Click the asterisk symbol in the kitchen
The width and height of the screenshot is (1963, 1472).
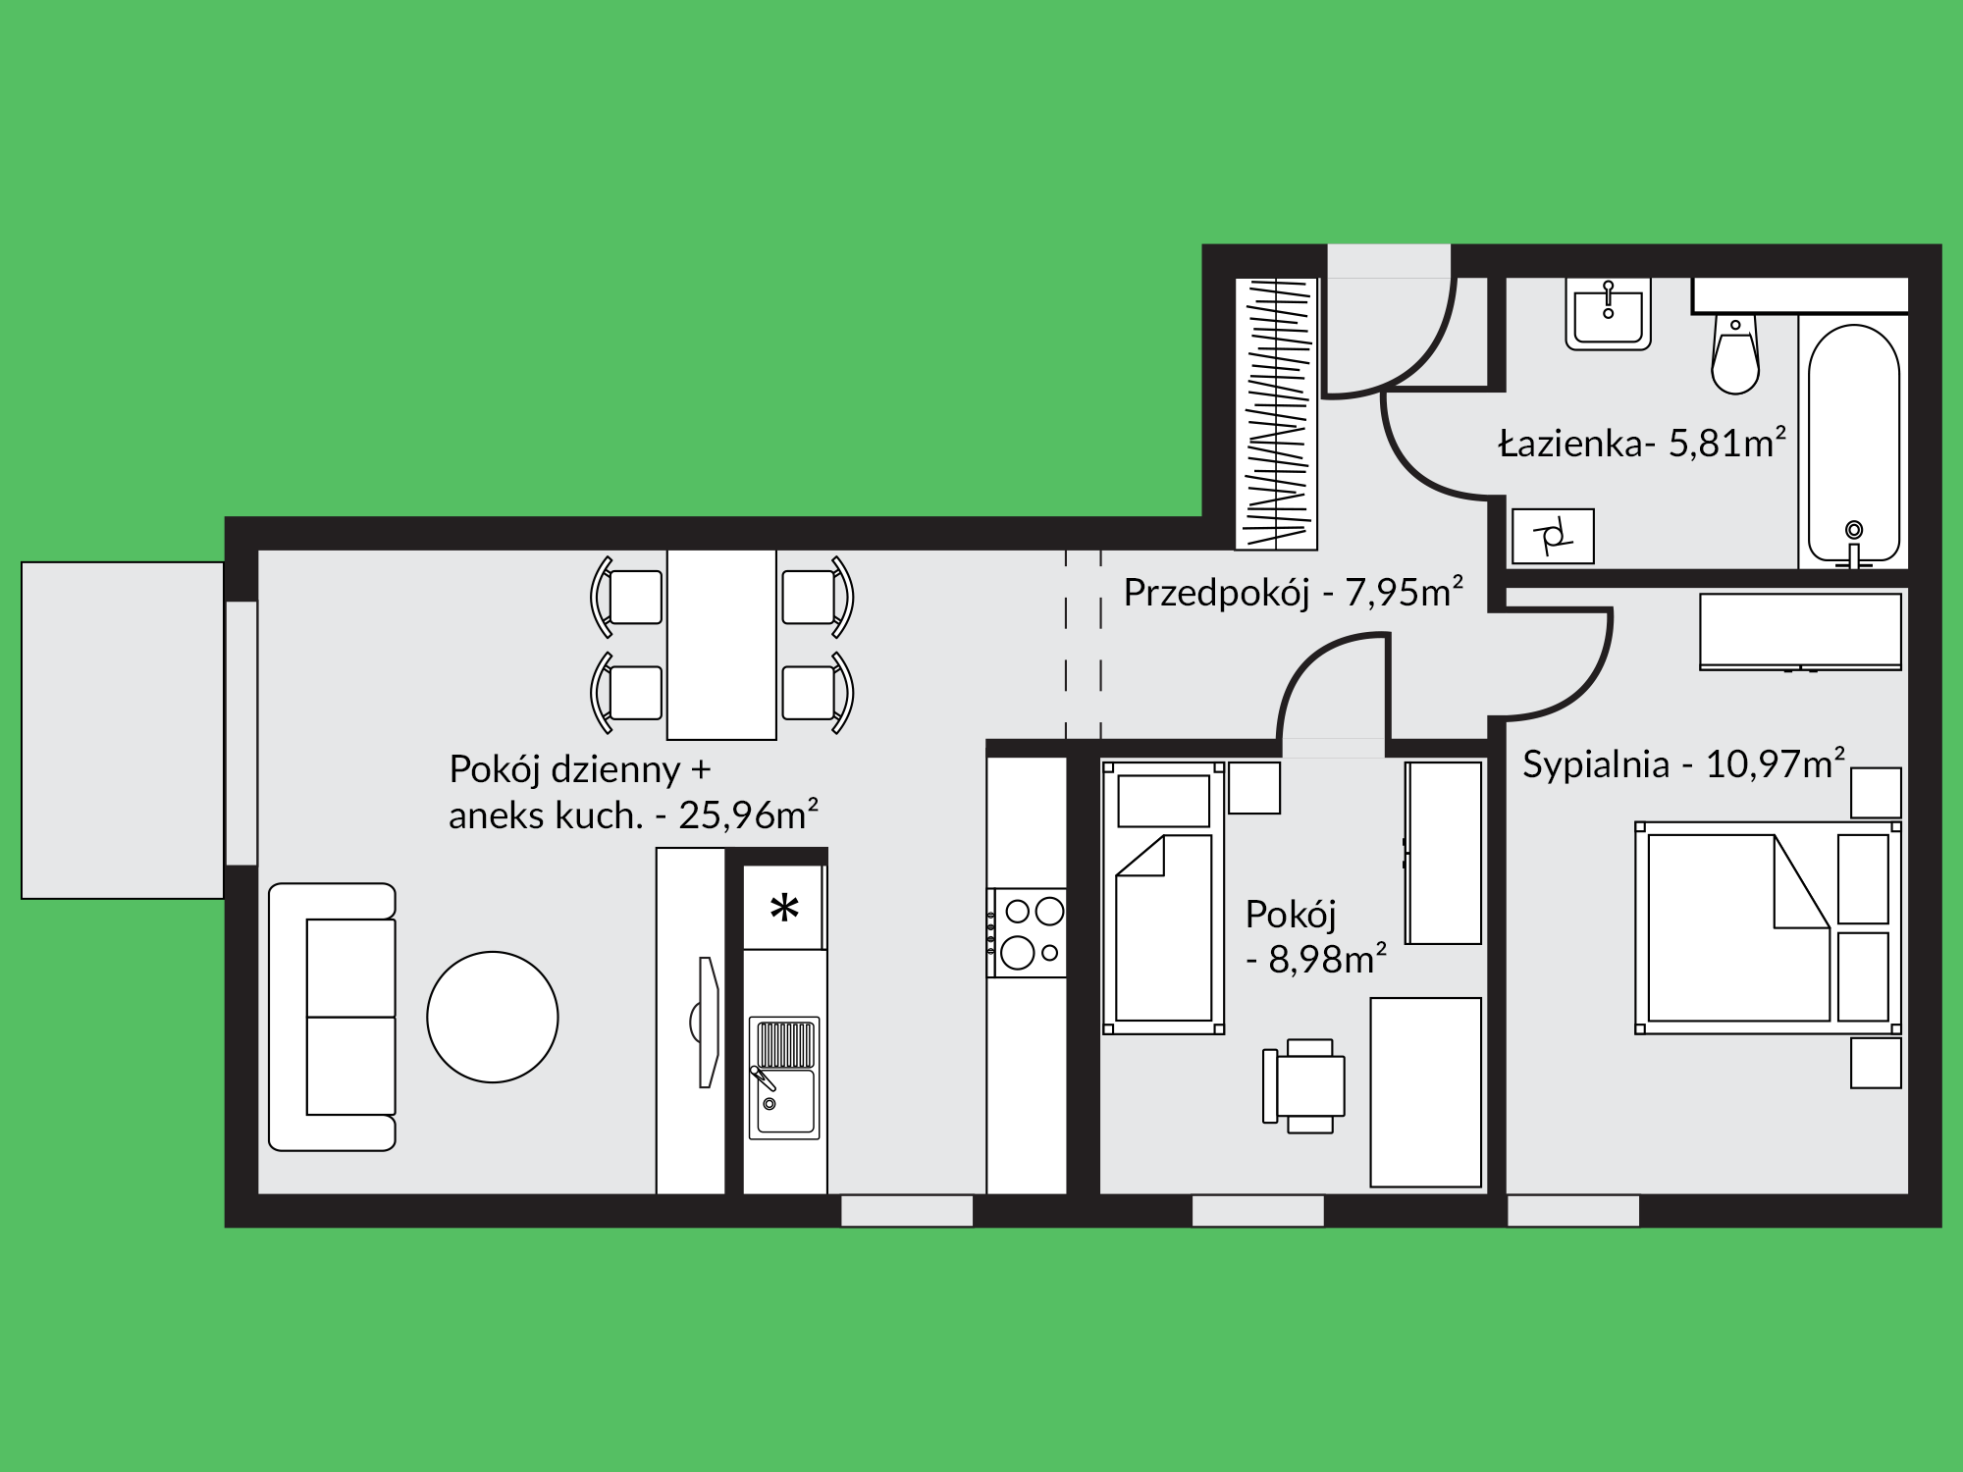(x=784, y=909)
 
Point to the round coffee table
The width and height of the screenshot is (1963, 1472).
(x=493, y=1017)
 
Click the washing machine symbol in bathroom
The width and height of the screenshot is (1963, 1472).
(x=1553, y=536)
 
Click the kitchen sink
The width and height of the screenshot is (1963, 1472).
(x=784, y=1078)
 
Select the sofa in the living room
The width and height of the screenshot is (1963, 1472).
(x=332, y=1017)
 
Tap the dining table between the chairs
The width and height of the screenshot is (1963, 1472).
(x=721, y=644)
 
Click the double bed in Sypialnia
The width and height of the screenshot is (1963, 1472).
(x=1768, y=928)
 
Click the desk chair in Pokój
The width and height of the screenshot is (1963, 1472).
(x=1304, y=1086)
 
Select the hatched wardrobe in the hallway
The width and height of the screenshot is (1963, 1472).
(x=1276, y=413)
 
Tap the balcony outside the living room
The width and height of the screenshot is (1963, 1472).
(x=123, y=730)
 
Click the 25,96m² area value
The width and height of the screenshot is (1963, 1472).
(x=748, y=815)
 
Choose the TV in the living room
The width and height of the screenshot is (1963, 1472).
(x=706, y=1022)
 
